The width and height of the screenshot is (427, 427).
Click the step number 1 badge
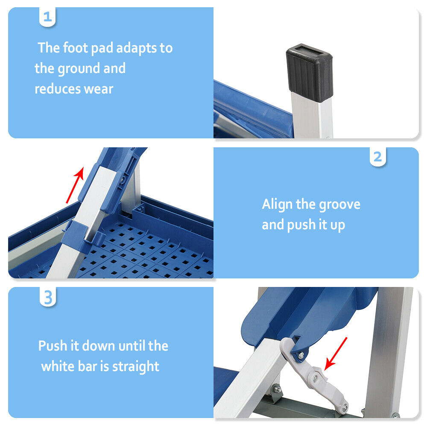tap(48, 18)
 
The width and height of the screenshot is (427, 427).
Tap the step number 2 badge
tap(377, 157)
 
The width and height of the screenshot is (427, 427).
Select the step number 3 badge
tap(48, 298)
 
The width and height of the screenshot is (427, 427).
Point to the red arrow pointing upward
tap(75, 184)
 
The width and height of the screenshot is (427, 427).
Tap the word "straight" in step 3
tap(135, 366)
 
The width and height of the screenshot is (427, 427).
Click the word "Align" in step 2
tap(277, 204)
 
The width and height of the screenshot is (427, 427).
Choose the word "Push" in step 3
tap(52, 345)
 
